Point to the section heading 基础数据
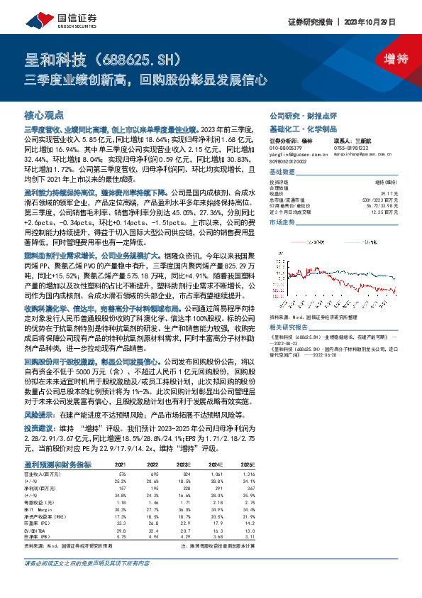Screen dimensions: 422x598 282,173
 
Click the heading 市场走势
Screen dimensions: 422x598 282,223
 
